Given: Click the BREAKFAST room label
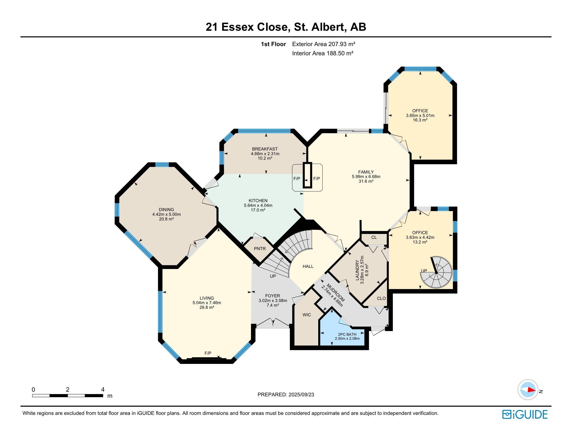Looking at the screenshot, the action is tap(265, 149).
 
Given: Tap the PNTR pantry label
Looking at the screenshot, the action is tap(260, 248).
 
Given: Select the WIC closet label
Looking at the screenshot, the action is tap(307, 315).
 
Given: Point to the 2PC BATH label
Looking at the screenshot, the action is tap(347, 334).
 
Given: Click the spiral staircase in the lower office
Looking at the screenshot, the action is tap(436, 272).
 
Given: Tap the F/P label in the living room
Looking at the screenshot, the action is tap(208, 353).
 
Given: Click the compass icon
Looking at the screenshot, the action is tap(528, 390).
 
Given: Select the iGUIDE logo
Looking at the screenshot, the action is tap(525, 414).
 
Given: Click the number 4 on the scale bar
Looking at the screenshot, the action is tap(103, 389).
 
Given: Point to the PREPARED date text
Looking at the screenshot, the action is tap(286, 394).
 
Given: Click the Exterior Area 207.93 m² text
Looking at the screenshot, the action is tap(324, 44).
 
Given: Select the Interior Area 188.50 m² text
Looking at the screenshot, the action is tap(323, 53).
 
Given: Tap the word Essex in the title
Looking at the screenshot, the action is tap(238, 27).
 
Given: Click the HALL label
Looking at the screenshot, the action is tap(308, 266).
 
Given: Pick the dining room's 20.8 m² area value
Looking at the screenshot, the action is tap(166, 219).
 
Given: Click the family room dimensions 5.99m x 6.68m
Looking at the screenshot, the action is tap(366, 177).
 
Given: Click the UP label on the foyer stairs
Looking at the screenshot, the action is tap(273, 276).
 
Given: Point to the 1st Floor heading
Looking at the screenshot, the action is tap(273, 44).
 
